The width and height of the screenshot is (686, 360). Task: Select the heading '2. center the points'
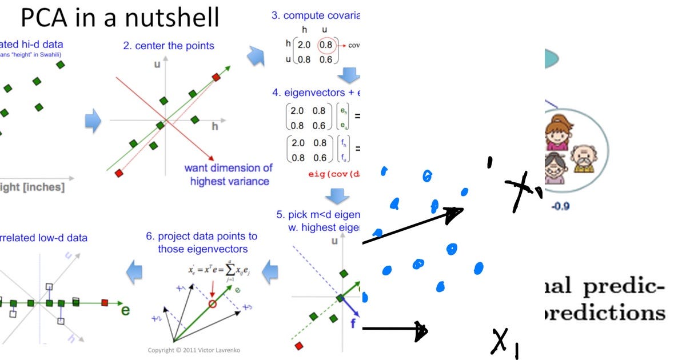pos(168,45)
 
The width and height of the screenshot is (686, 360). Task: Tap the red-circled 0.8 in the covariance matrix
pos(326,45)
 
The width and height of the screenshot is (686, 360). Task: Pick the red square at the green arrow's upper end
pos(216,77)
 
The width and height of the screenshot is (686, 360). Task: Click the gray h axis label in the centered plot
pos(215,127)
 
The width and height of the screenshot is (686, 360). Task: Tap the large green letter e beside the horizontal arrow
pos(125,311)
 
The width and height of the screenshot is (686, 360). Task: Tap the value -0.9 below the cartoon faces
pos(560,206)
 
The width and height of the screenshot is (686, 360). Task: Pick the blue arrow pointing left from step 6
pos(134,271)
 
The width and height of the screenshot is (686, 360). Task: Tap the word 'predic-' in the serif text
pos(623,287)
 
